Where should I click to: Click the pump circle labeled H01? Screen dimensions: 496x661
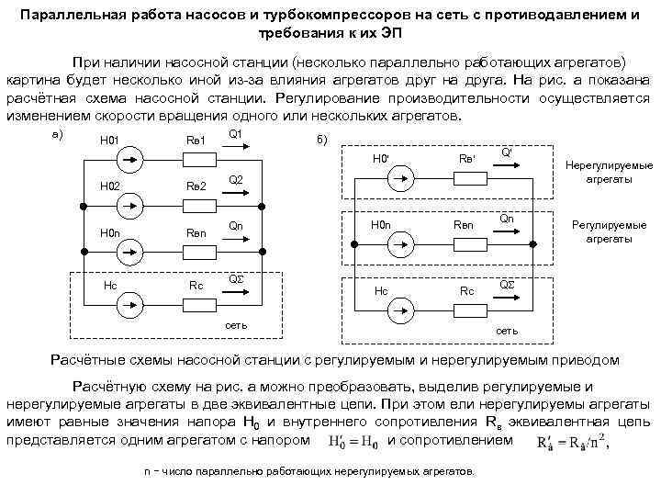[x=130, y=160]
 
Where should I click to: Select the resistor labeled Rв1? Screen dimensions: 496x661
[x=196, y=160]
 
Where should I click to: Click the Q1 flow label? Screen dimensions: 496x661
[x=235, y=134]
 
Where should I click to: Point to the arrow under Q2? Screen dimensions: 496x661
[x=235, y=194]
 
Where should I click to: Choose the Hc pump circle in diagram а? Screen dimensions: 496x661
[x=130, y=299]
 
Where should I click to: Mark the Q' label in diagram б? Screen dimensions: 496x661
[x=506, y=152]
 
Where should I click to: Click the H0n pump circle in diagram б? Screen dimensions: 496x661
[x=401, y=243]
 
